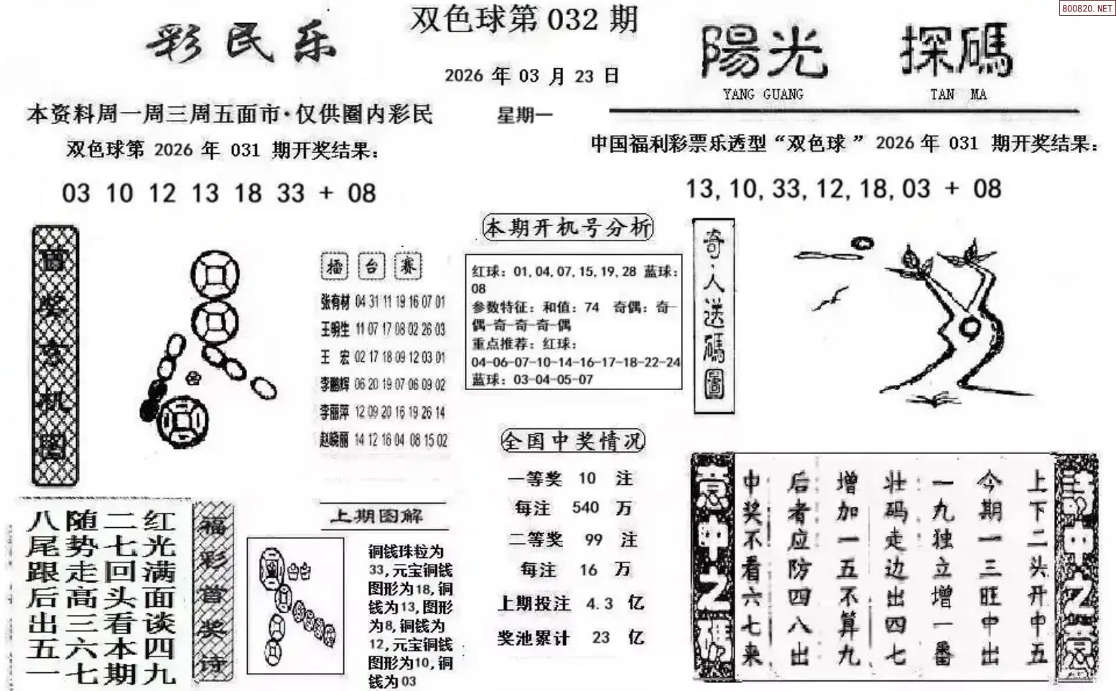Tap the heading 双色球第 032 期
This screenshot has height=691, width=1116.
(524, 19)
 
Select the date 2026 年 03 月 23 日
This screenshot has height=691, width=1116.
(531, 75)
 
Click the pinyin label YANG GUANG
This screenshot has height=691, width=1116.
(763, 94)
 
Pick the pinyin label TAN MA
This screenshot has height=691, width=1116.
(958, 94)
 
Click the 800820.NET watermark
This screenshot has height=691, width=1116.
(1086, 9)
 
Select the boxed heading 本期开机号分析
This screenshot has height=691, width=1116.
(568, 228)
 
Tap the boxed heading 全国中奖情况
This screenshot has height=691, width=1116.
(572, 440)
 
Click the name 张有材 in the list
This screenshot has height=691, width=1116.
(335, 302)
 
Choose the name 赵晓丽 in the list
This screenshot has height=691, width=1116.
(335, 440)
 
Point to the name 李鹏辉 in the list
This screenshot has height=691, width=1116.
(335, 385)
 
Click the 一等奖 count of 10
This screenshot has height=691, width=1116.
(587, 478)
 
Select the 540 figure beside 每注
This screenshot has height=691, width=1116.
(585, 508)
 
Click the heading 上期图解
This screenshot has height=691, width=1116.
(376, 516)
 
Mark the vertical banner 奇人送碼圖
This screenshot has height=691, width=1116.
(713, 316)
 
